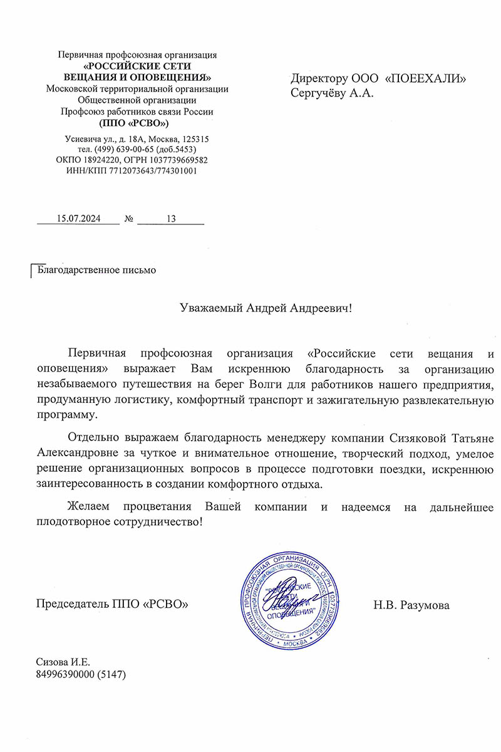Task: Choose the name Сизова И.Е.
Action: coord(64,661)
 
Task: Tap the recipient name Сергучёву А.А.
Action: coord(332,93)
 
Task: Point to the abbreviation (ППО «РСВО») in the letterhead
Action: coord(138,123)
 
